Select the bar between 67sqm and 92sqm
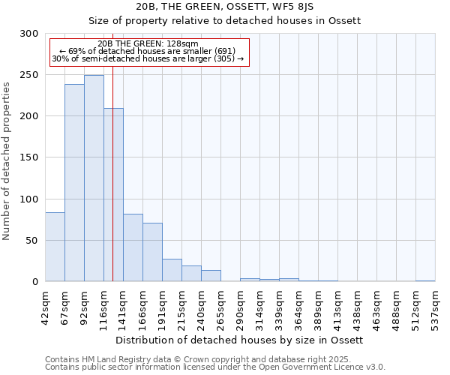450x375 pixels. (x=74, y=183)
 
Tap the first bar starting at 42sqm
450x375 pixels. (x=55, y=247)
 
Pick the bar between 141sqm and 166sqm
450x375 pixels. (x=133, y=247)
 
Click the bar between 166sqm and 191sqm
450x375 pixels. (x=152, y=252)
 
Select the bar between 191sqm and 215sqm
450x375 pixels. (x=172, y=270)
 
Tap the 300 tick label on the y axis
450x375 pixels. (x=29, y=34)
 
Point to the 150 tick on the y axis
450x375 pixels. (x=29, y=157)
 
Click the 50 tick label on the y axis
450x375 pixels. (x=32, y=241)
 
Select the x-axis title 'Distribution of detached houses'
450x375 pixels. (x=240, y=340)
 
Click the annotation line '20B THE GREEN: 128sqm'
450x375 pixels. (x=148, y=43)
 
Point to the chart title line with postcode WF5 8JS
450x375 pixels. (x=225, y=6)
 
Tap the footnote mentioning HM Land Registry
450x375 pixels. (x=214, y=359)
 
